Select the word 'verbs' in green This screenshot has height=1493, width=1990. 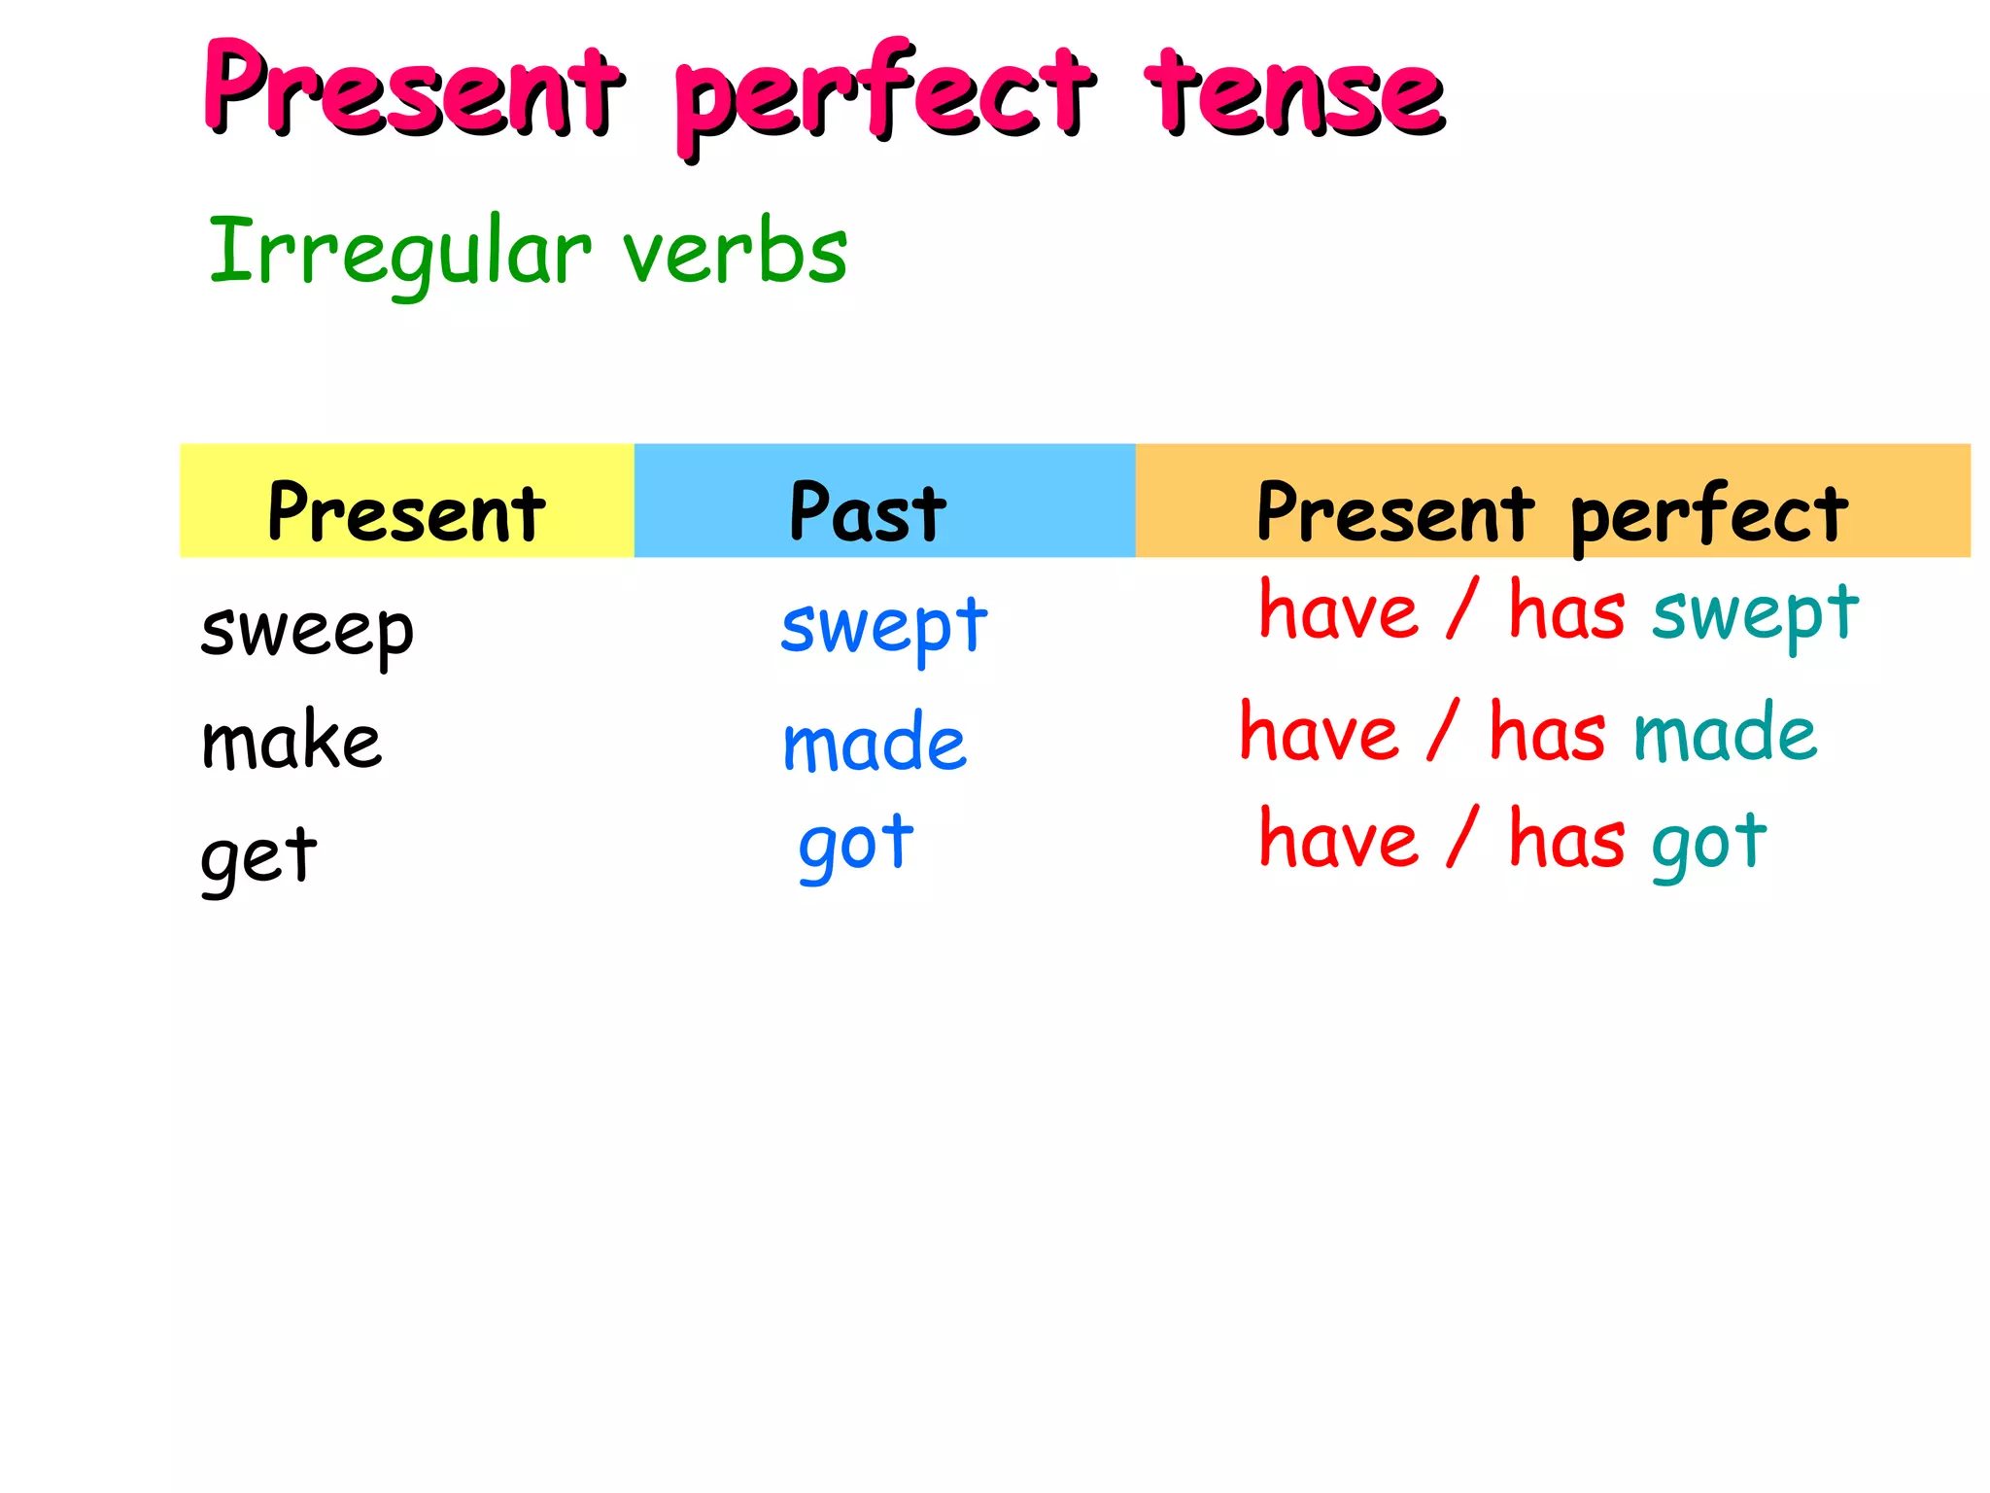(x=736, y=252)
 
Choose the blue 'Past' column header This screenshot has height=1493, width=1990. (x=868, y=512)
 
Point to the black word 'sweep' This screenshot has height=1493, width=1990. (x=307, y=631)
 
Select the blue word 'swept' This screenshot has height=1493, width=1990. (x=884, y=627)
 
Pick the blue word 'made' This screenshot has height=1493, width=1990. (x=875, y=743)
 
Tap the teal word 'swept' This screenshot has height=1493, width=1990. (x=1756, y=614)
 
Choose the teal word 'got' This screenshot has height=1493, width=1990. (x=1709, y=841)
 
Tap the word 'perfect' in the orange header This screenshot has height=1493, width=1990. (x=1708, y=514)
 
